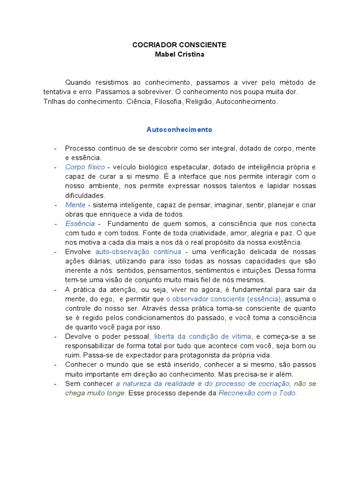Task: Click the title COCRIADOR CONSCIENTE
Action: point(180,45)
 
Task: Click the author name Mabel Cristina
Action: point(180,54)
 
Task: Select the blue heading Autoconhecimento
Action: point(180,129)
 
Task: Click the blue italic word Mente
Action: point(75,205)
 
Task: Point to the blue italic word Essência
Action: point(80,224)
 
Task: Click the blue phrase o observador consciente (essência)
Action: point(224,299)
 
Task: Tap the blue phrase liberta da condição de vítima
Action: point(203,336)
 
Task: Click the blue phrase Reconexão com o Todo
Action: point(258,393)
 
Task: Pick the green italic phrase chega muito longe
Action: point(95,393)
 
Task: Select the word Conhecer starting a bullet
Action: point(80,364)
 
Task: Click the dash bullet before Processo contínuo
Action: point(56,149)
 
